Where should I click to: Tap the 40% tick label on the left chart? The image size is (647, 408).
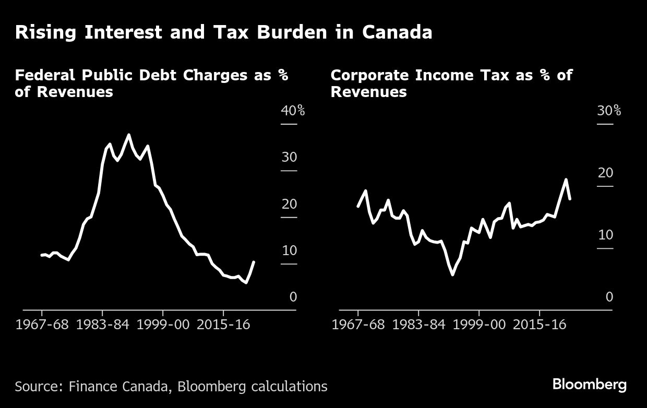[293, 111]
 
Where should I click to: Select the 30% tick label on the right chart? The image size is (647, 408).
[609, 111]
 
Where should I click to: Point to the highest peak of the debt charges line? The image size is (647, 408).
[128, 135]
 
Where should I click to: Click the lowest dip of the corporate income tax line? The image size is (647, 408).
[452, 274]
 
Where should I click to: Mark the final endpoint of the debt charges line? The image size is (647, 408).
[254, 261]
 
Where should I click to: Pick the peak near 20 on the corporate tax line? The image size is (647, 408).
[566, 179]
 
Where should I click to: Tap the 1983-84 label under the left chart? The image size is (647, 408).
[102, 324]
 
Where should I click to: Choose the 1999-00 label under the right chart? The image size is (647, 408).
[478, 324]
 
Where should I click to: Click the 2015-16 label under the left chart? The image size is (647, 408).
[223, 324]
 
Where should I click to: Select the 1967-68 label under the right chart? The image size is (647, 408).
[358, 324]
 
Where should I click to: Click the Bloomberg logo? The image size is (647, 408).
[590, 385]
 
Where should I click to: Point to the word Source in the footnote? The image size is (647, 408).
[36, 387]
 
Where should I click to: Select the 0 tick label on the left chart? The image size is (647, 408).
[293, 297]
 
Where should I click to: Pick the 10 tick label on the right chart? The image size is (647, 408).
[605, 235]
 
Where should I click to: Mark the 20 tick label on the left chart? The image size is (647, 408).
[289, 204]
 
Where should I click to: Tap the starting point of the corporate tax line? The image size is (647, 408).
[358, 207]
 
